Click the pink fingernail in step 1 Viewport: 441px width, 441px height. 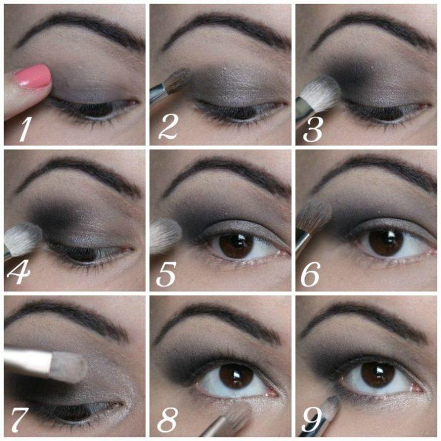(x=34, y=76)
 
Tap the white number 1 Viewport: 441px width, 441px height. (x=25, y=129)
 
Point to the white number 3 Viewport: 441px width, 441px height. (x=312, y=130)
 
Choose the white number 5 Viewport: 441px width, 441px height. (x=166, y=274)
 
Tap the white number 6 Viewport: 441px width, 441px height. (x=310, y=275)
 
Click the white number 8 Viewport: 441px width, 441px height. (x=168, y=419)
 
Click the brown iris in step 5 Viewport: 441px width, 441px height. (x=236, y=244)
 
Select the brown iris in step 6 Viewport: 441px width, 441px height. (x=386, y=242)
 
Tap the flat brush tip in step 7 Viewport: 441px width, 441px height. (x=69, y=367)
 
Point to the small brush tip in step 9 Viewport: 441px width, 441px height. (x=331, y=406)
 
